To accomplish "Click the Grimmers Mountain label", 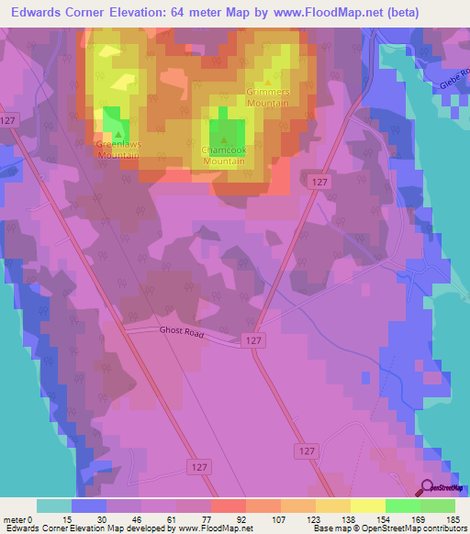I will (x=268, y=98).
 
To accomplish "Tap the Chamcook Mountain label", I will (x=223, y=156).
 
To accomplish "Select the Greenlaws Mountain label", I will (x=117, y=150).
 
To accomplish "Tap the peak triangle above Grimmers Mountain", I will (x=268, y=83).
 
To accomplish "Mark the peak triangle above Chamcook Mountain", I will (x=223, y=140).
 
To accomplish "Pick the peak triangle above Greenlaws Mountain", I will (x=117, y=134).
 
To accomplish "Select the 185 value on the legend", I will (x=453, y=519).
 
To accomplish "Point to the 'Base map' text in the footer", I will (x=326, y=529).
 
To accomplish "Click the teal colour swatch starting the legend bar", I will (x=54, y=506).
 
